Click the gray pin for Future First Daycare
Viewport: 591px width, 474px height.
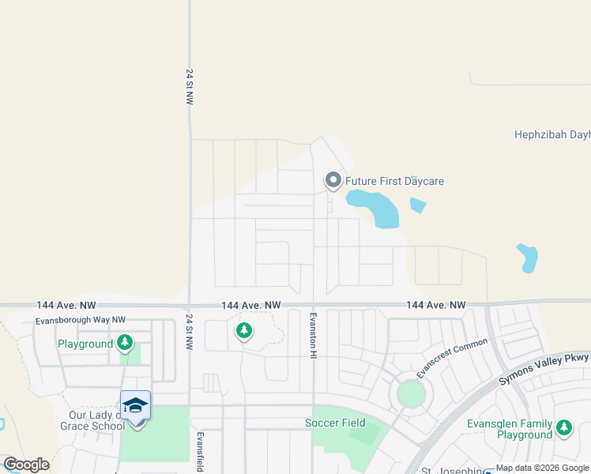(333, 182)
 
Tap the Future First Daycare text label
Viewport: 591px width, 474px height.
(394, 182)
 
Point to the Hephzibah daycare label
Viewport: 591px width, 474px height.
(552, 135)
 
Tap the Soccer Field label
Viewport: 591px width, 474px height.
(336, 423)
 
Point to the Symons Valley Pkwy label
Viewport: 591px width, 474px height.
(544, 369)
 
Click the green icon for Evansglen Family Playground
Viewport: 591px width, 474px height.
(563, 428)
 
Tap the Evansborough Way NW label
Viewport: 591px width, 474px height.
(81, 321)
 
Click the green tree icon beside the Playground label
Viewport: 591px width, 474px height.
(124, 343)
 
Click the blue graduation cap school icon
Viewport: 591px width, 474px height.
(136, 404)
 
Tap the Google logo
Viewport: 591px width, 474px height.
(26, 465)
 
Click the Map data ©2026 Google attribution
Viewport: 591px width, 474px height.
(543, 468)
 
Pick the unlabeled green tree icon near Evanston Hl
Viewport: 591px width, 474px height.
(244, 331)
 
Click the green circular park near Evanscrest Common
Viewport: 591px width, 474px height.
(411, 393)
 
